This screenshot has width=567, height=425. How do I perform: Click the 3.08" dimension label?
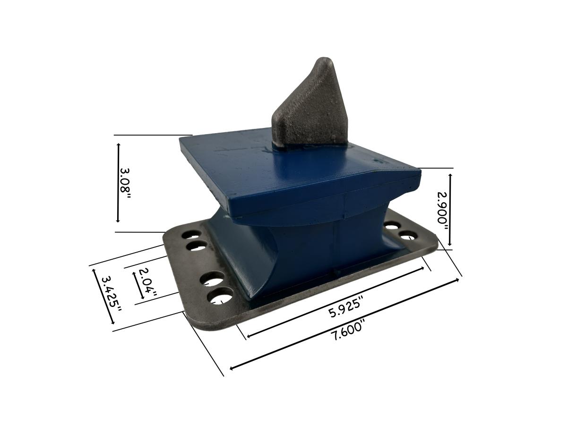(126, 183)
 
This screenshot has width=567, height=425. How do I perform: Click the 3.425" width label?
(111, 294)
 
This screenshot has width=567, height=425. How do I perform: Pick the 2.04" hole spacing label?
(147, 283)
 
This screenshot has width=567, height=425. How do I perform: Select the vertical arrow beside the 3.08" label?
(118, 183)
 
